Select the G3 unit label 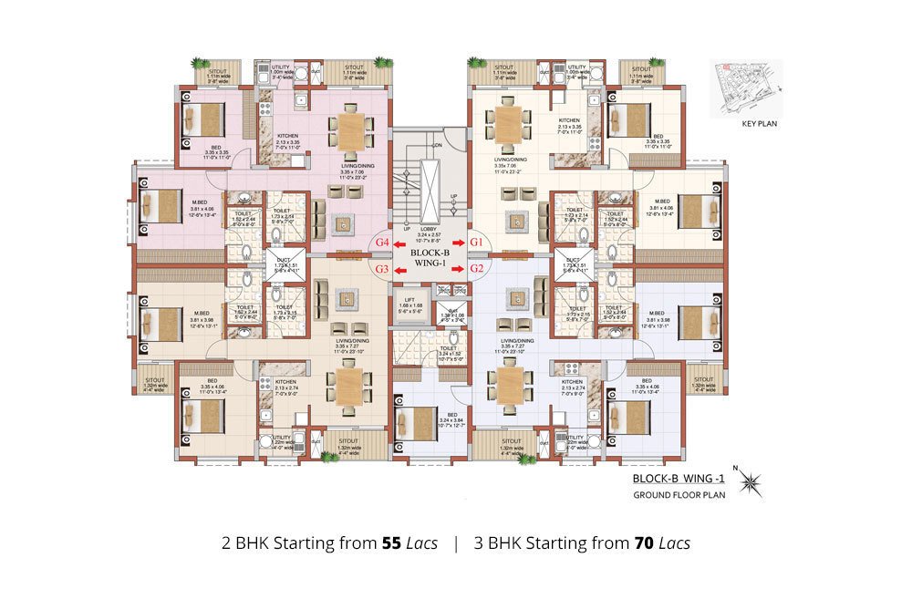pyautogui.click(x=383, y=269)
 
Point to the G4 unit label pyautogui.click(x=383, y=243)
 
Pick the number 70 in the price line pyautogui.click(x=646, y=543)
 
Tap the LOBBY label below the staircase pyautogui.click(x=429, y=228)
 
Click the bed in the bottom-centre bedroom pyautogui.click(x=416, y=421)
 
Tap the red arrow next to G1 pyautogui.click(x=460, y=243)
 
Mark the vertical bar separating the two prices pyautogui.click(x=455, y=543)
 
